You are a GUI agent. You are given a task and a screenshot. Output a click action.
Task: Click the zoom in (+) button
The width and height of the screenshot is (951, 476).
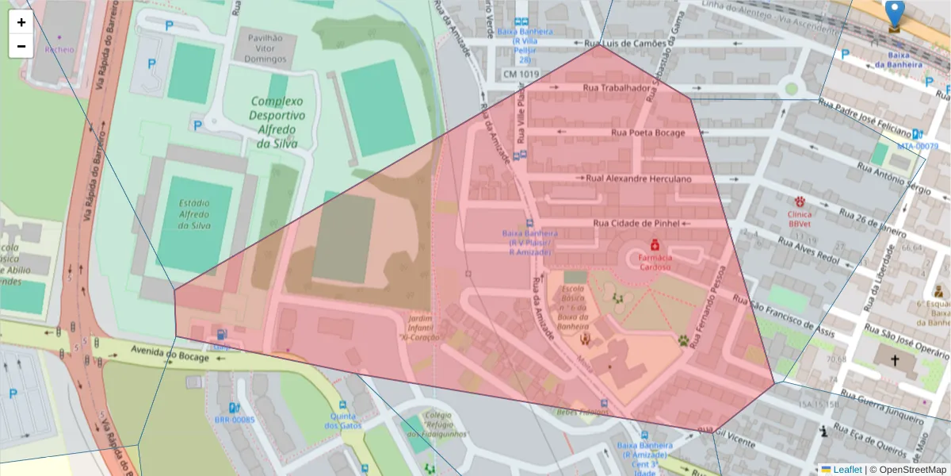[21, 22]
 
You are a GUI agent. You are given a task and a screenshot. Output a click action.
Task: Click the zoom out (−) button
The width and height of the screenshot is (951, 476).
[21, 46]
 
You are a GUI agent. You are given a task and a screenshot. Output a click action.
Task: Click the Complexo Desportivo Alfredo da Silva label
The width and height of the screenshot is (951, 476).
[277, 122]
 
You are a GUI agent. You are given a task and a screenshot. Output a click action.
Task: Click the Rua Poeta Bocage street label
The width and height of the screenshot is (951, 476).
[646, 132]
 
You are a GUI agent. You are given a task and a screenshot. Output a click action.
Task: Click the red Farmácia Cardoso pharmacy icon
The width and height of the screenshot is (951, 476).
[655, 246]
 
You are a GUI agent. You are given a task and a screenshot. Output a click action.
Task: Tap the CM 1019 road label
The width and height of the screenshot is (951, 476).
[521, 74]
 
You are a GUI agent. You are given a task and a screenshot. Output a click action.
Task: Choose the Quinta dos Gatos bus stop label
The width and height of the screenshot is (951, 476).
[342, 420]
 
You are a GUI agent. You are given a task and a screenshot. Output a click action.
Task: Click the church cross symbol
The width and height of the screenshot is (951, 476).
[895, 360]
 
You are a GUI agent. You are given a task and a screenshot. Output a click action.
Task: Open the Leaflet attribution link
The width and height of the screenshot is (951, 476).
[847, 470]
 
